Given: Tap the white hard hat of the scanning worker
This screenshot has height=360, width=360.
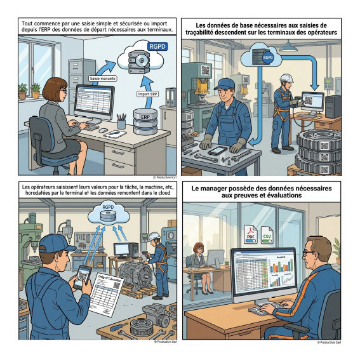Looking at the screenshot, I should click(x=286, y=78).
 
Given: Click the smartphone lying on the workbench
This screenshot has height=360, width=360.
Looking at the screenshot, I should click(x=217, y=150).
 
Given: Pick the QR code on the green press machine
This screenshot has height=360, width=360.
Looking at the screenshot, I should click(x=205, y=70).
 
